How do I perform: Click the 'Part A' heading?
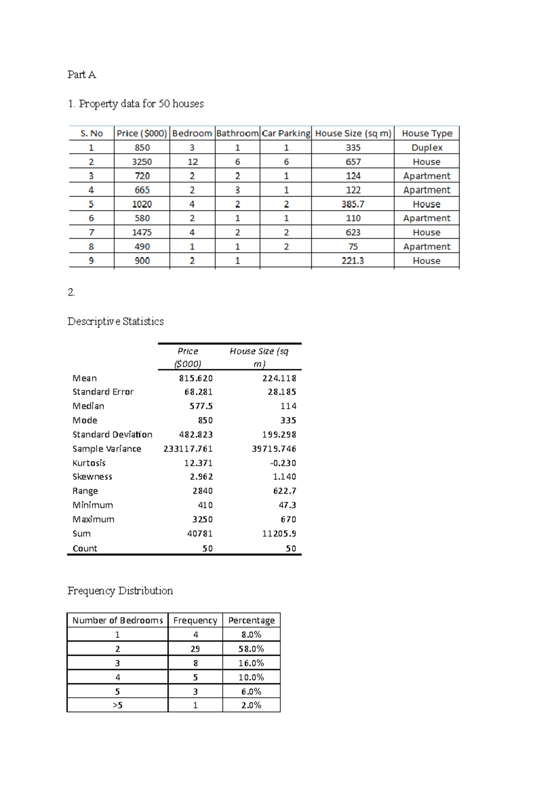click(82, 75)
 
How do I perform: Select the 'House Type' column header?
click(427, 134)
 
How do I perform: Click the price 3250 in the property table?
click(142, 162)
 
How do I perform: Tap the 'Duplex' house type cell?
click(427, 148)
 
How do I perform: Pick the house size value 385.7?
click(353, 204)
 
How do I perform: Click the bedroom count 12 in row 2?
click(192, 162)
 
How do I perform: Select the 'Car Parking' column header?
click(286, 134)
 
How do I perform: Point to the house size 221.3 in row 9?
click(352, 261)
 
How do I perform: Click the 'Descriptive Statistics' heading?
click(115, 321)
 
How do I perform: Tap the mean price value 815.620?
click(196, 378)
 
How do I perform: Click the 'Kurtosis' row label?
click(89, 463)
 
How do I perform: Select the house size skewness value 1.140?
click(284, 477)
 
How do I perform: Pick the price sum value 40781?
click(200, 533)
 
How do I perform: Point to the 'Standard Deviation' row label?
click(112, 434)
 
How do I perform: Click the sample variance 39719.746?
click(274, 449)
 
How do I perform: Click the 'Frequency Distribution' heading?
click(120, 591)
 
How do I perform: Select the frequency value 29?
click(195, 649)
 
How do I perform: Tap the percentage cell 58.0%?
click(251, 649)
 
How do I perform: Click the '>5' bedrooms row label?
click(117, 705)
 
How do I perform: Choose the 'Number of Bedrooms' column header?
click(117, 620)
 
